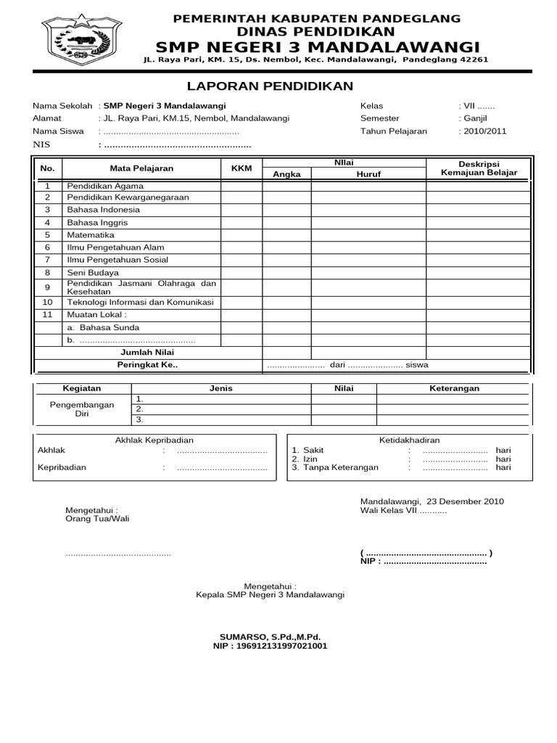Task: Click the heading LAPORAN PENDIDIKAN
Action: pos(270,86)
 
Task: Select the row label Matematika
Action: pos(91,235)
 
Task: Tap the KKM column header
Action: pos(241,168)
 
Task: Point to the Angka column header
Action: pos(286,174)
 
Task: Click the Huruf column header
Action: pos(368,174)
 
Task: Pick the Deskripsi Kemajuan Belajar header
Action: pos(479,168)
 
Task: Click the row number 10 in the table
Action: pos(48,302)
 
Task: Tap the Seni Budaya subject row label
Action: pos(93,272)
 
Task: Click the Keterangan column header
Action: pos(455,388)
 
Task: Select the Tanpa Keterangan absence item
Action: pos(340,468)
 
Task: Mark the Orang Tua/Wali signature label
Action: pos(97,519)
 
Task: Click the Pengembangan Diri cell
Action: pos(81,409)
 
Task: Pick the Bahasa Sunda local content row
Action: pos(98,327)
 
